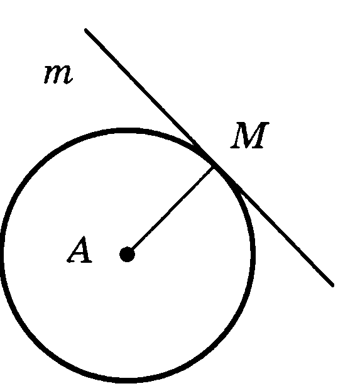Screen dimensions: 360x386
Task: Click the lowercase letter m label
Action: (x=58, y=75)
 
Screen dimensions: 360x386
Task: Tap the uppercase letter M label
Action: (x=249, y=135)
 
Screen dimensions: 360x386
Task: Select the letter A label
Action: (x=80, y=249)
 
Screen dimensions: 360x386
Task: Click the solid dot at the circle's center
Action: (x=127, y=255)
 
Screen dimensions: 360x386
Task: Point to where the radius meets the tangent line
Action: (x=214, y=167)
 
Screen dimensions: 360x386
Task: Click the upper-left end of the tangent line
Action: (x=86, y=30)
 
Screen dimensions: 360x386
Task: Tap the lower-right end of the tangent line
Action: (x=333, y=285)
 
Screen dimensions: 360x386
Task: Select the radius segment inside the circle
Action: (x=170, y=211)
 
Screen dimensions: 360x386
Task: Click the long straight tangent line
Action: (x=209, y=158)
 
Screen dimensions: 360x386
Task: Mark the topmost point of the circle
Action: (x=128, y=131)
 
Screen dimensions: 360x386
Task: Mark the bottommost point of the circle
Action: (x=128, y=381)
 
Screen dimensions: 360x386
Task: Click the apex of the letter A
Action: (x=84, y=237)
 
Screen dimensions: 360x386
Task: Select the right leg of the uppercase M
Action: (x=261, y=135)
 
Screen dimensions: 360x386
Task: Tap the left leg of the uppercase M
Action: (x=237, y=135)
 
